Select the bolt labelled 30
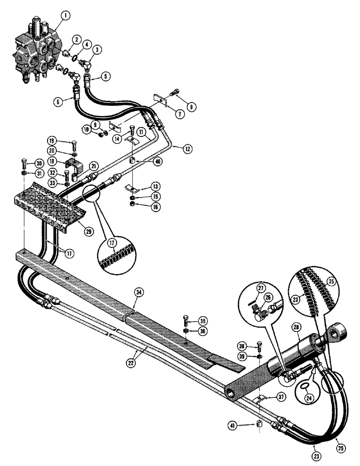pos(24,164)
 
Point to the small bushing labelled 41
pos(259,425)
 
